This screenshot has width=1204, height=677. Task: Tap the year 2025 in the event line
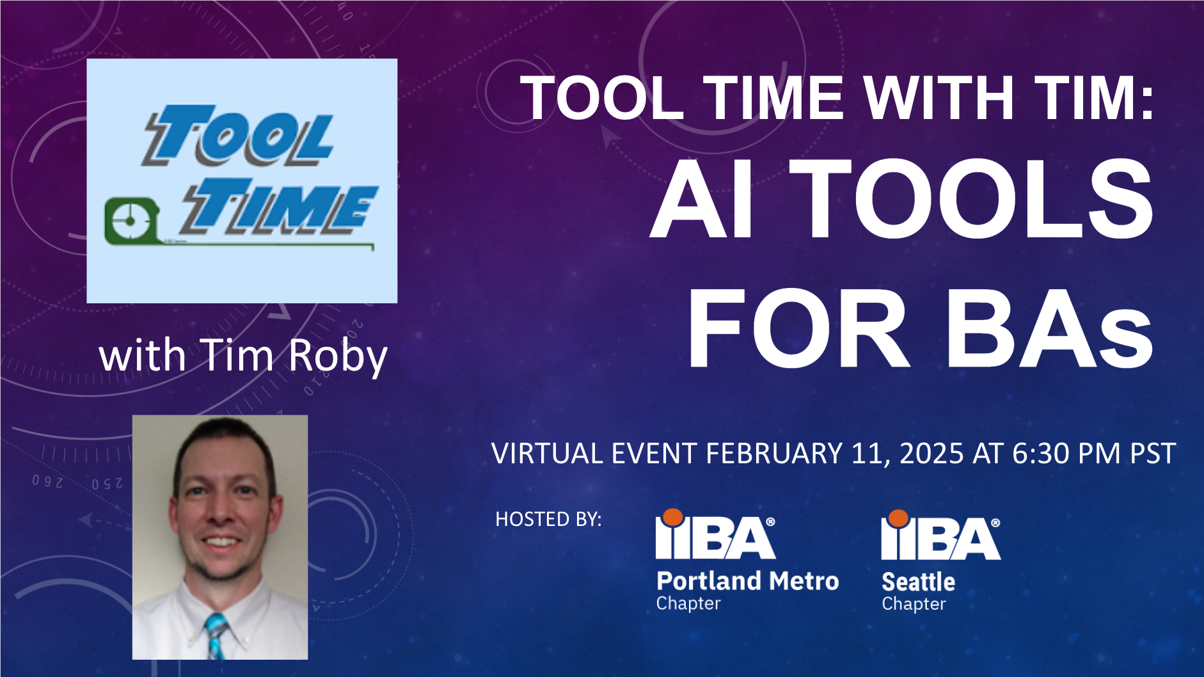[x=931, y=453]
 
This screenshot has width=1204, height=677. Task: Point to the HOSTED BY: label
[x=548, y=519]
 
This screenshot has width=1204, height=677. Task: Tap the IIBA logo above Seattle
[x=940, y=535]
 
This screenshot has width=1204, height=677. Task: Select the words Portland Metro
[x=747, y=580]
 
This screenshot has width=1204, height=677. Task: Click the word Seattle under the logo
[x=918, y=582]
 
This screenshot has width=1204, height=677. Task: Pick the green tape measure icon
[x=131, y=221]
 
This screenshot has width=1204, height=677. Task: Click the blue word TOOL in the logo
[x=238, y=135]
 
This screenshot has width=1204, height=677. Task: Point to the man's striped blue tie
[x=216, y=636]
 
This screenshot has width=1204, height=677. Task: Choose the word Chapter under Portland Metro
[x=688, y=603]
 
